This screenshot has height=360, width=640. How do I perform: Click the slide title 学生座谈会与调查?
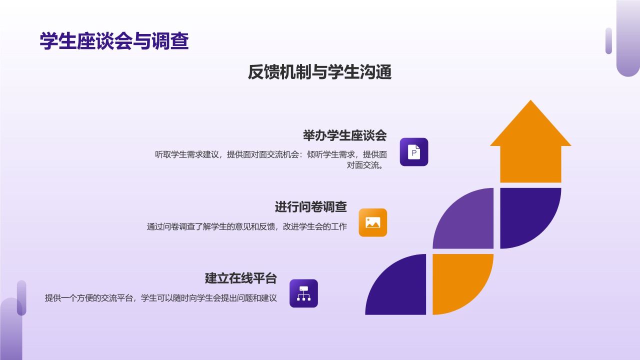114,41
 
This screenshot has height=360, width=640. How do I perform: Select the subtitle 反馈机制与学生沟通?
319,72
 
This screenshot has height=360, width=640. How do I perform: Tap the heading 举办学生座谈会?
344,135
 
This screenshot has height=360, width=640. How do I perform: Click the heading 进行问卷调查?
310,206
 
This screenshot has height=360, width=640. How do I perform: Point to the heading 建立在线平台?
240,278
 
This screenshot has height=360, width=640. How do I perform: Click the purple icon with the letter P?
414,152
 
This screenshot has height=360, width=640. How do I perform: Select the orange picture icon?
373,222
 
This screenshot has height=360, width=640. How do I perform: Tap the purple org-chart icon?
303,293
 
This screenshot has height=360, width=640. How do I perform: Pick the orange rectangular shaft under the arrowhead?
530,164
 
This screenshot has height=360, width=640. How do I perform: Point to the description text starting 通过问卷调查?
246,227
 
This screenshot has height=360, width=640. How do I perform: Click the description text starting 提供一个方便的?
160,298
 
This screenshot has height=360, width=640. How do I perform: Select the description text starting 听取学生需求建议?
270,159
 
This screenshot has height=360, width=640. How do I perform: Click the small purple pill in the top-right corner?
608,40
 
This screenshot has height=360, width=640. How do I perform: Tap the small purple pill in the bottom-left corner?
21,297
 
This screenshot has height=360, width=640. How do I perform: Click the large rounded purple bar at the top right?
628,37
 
